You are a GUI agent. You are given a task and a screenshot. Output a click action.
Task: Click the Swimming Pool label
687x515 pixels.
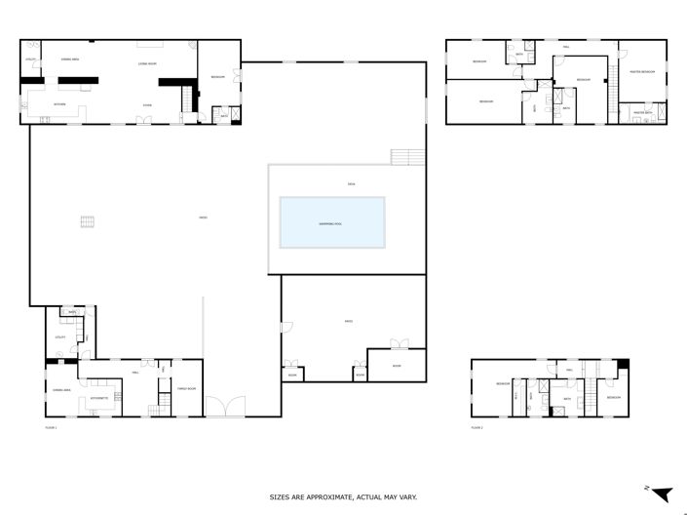tap(331, 223)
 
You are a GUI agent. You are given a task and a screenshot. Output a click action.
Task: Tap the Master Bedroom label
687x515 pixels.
tap(641, 71)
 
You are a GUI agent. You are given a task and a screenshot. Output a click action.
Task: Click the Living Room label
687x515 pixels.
tap(147, 62)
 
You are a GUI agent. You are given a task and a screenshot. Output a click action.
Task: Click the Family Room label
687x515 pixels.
tap(186, 389)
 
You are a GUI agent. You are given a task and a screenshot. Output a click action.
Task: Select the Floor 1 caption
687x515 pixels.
tap(52, 427)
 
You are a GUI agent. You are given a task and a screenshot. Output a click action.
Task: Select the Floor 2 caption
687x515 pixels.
tap(477, 427)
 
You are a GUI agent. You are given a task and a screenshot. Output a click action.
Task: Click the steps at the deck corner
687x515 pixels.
tap(407, 156)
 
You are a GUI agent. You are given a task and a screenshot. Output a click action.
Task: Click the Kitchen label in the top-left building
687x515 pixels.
tap(59, 103)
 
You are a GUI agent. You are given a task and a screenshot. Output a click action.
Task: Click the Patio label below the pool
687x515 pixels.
tap(348, 321)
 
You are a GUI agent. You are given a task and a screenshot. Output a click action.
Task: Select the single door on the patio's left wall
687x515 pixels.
tap(286, 326)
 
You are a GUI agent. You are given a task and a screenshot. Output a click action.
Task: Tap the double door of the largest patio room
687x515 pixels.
tap(399, 343)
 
